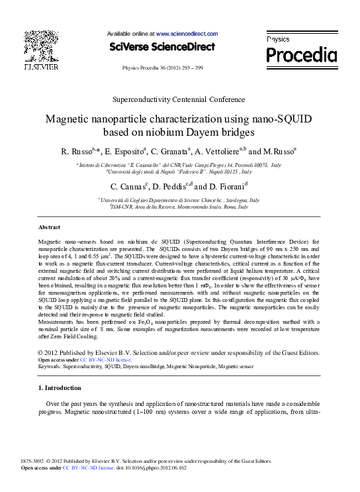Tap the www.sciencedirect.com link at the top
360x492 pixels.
click(x=187, y=33)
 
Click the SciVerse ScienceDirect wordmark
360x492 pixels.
click(x=162, y=46)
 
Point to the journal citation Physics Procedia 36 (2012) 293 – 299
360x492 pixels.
click(x=163, y=68)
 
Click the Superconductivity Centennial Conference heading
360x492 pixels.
click(x=179, y=99)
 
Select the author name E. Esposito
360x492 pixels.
click(x=125, y=152)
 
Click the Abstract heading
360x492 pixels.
click(x=50, y=227)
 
